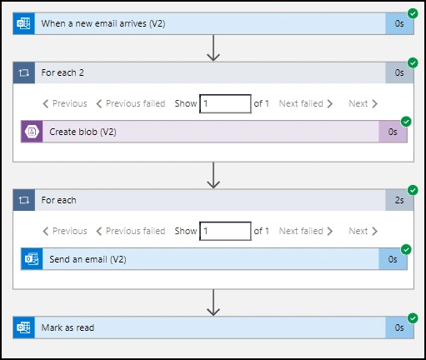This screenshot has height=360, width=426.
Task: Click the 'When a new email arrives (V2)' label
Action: click(103, 23)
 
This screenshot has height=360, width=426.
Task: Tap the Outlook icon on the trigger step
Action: click(24, 23)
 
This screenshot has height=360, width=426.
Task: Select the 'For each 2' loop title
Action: click(63, 72)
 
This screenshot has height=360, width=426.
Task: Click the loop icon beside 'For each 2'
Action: click(24, 73)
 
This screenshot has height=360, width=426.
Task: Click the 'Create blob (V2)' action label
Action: click(83, 132)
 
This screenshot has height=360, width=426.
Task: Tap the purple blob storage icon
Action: click(32, 132)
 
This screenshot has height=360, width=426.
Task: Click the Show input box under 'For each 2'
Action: click(225, 104)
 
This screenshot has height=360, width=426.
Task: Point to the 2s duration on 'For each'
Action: click(399, 200)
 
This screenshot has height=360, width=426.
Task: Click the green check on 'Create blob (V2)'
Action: click(406, 122)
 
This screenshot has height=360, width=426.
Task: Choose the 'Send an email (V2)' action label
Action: click(88, 259)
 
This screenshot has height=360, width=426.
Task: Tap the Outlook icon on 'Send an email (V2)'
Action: click(32, 259)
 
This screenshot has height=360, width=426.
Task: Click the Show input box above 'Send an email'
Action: click(225, 231)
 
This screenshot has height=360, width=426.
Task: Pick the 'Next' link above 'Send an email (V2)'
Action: click(363, 231)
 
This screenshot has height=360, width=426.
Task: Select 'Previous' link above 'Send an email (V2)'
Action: click(65, 231)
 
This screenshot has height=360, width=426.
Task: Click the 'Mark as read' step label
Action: click(68, 327)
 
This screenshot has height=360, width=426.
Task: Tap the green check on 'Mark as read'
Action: click(413, 318)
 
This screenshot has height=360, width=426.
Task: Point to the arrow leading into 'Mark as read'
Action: click(213, 302)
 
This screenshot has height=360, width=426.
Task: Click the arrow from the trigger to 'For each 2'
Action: click(213, 47)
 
